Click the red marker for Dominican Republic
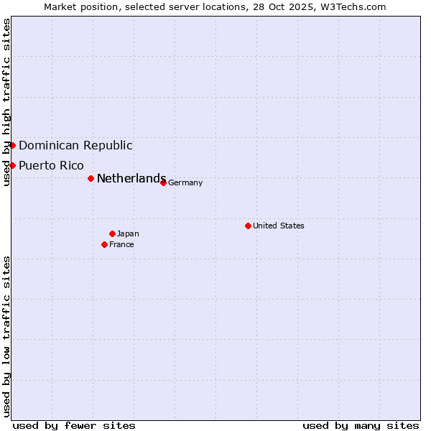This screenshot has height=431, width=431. (12, 145)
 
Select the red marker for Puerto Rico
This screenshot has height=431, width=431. (12, 165)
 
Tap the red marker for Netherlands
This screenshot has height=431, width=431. (91, 178)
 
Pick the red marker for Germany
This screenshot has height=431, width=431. (163, 182)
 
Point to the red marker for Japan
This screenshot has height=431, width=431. (112, 233)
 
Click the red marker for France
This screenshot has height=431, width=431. (104, 244)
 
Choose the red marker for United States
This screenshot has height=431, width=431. (248, 226)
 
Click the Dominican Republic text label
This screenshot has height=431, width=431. (75, 145)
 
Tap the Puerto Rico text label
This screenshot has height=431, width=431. (51, 165)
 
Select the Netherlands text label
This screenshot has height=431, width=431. (131, 178)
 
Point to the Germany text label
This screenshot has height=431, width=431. (185, 182)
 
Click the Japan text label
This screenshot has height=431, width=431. (128, 233)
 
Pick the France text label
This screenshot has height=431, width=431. (121, 244)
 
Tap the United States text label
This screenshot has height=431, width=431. (279, 226)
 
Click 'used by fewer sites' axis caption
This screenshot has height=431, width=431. (74, 425)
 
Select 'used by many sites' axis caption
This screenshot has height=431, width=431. (361, 425)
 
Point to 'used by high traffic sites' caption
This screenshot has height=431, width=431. (6, 102)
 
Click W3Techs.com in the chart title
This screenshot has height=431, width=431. (352, 6)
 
